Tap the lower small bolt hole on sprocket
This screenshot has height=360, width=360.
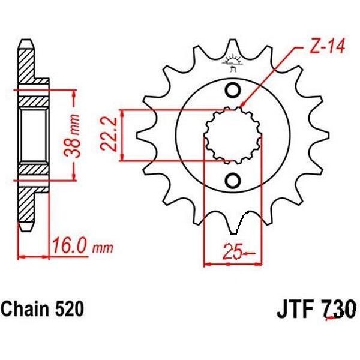point(233,181)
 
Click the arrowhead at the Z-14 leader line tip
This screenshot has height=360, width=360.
point(242,108)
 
